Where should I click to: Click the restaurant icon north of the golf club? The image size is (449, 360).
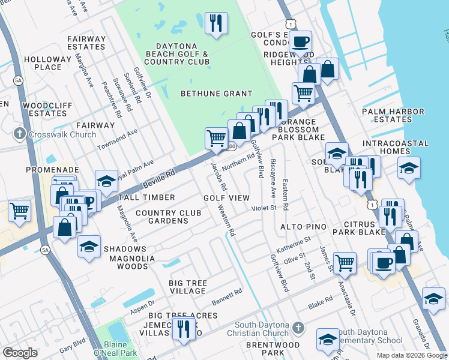(215, 23)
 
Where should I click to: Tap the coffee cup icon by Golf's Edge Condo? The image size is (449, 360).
(301, 41)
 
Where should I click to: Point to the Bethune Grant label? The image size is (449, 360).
(217, 94)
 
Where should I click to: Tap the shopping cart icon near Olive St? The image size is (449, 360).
(345, 262)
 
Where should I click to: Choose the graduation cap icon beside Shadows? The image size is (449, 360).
(89, 247)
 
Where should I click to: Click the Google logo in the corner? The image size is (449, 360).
(20, 353)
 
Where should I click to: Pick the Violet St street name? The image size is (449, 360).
(264, 208)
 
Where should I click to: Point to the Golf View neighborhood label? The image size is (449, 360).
(226, 198)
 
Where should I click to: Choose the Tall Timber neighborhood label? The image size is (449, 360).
(146, 197)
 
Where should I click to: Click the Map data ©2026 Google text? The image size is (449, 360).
(411, 355)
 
